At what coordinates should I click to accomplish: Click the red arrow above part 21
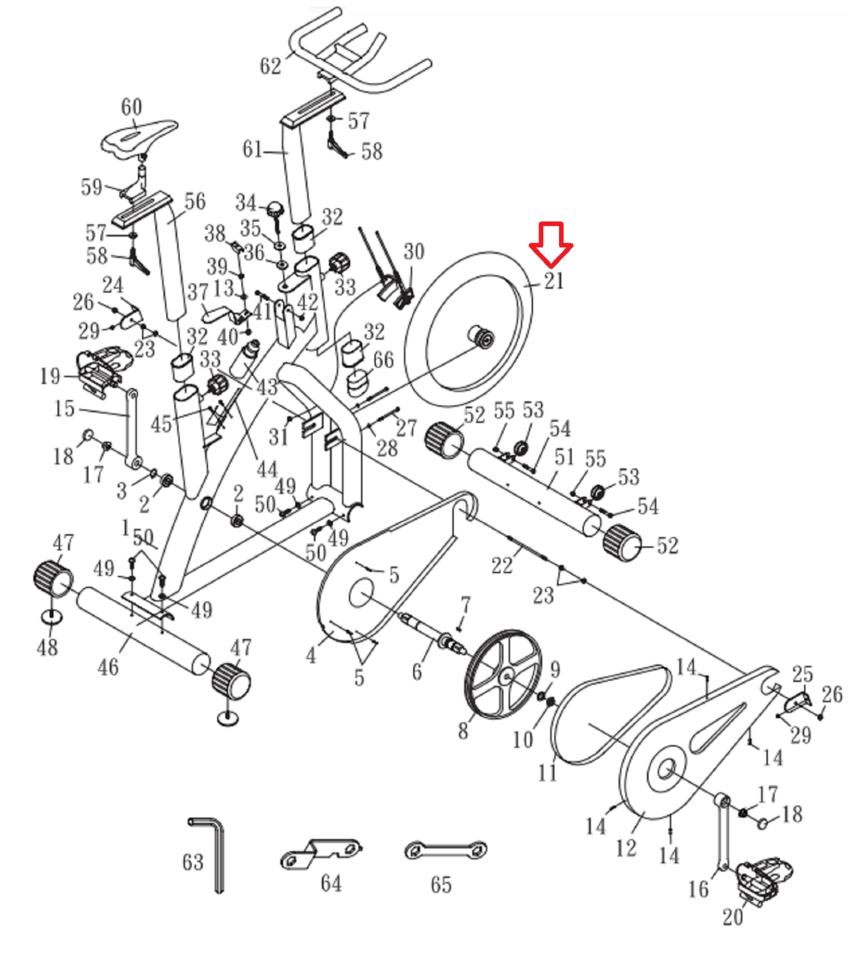pyautogui.click(x=551, y=244)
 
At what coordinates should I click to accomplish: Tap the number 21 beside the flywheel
pyautogui.click(x=554, y=281)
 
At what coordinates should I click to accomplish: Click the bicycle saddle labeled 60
pyautogui.click(x=138, y=138)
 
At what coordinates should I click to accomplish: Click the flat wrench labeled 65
pyautogui.click(x=445, y=850)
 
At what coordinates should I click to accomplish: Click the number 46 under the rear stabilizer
pyautogui.click(x=108, y=667)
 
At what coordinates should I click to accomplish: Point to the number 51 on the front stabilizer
pyautogui.click(x=564, y=457)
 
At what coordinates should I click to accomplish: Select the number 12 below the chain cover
pyautogui.click(x=626, y=848)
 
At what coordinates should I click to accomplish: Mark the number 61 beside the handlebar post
pyautogui.click(x=253, y=149)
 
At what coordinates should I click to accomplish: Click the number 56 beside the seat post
pyautogui.click(x=195, y=201)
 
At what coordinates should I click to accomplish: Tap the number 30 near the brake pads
pyautogui.click(x=414, y=251)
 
